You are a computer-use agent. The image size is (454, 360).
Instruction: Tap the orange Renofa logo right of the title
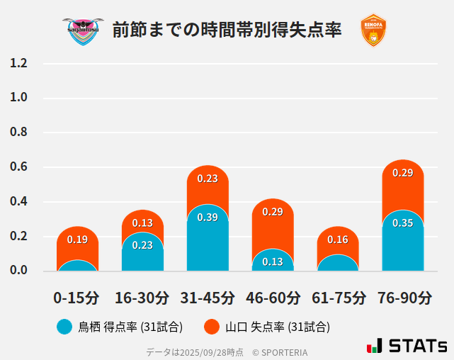[373, 30]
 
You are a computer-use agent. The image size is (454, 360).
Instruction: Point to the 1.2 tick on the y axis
[18, 63]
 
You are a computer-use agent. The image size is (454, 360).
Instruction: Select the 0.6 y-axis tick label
[18, 167]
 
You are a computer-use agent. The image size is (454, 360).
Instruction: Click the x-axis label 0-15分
[76, 298]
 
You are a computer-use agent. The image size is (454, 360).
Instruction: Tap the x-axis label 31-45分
[207, 298]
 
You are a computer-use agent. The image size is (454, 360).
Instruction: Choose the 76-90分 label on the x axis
[403, 298]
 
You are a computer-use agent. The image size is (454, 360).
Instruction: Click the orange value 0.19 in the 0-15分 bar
[77, 240]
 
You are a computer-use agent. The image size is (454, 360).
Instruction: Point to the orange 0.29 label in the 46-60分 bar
[273, 212]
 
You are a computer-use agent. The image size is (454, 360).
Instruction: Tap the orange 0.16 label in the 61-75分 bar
[338, 240]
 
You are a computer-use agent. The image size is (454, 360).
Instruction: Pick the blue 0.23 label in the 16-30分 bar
[142, 245]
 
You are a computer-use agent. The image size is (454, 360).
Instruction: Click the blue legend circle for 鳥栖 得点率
[64, 327]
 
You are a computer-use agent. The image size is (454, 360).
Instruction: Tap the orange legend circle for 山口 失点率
[212, 327]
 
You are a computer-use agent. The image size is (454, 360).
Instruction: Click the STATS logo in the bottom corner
[407, 346]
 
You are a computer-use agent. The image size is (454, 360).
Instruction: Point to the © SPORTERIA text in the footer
[280, 351]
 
